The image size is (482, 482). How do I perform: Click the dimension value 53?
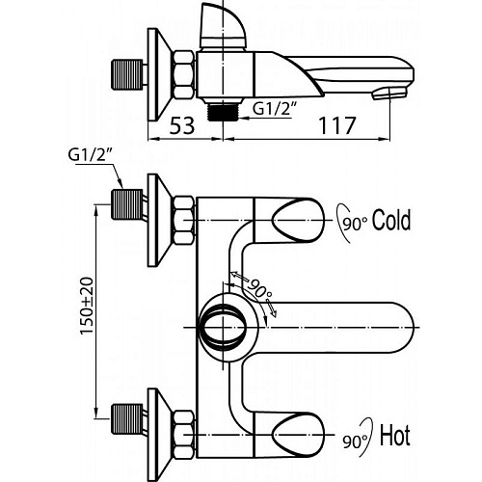click(x=182, y=125)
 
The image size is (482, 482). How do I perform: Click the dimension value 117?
click(x=337, y=125)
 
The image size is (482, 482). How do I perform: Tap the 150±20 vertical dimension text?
click(x=87, y=306)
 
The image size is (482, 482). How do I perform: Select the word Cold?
click(x=391, y=220)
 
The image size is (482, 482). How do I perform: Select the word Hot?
click(x=395, y=436)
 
